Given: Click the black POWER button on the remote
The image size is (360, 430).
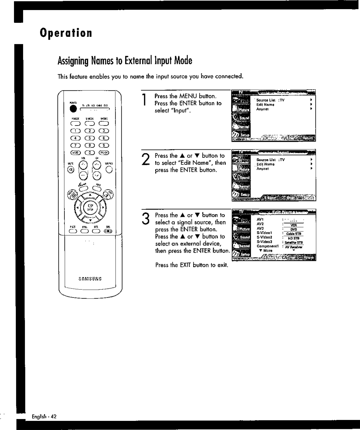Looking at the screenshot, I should pyautogui.click(x=73, y=109).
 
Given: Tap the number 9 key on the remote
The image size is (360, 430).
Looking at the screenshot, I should pyautogui.click(x=104, y=145).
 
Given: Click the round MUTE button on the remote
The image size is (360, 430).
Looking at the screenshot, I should pyautogui.click(x=72, y=170).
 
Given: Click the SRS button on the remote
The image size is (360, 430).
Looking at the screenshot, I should pyautogui.click(x=108, y=231).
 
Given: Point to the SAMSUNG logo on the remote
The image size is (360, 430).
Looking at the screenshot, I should pyautogui.click(x=90, y=278).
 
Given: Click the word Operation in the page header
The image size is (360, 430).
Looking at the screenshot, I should pyautogui.click(x=66, y=33).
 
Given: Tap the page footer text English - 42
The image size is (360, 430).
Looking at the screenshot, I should pyautogui.click(x=44, y=416).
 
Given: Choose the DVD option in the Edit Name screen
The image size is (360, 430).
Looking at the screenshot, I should pyautogui.click(x=294, y=229).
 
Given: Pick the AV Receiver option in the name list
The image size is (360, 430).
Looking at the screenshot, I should pyautogui.click(x=294, y=247).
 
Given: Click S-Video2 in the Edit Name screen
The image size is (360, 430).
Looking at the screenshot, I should pyautogui.click(x=264, y=237).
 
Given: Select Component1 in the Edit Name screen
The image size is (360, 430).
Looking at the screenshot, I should pyautogui.click(x=267, y=246).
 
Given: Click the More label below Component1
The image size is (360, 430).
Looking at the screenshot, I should pyautogui.click(x=268, y=251).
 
